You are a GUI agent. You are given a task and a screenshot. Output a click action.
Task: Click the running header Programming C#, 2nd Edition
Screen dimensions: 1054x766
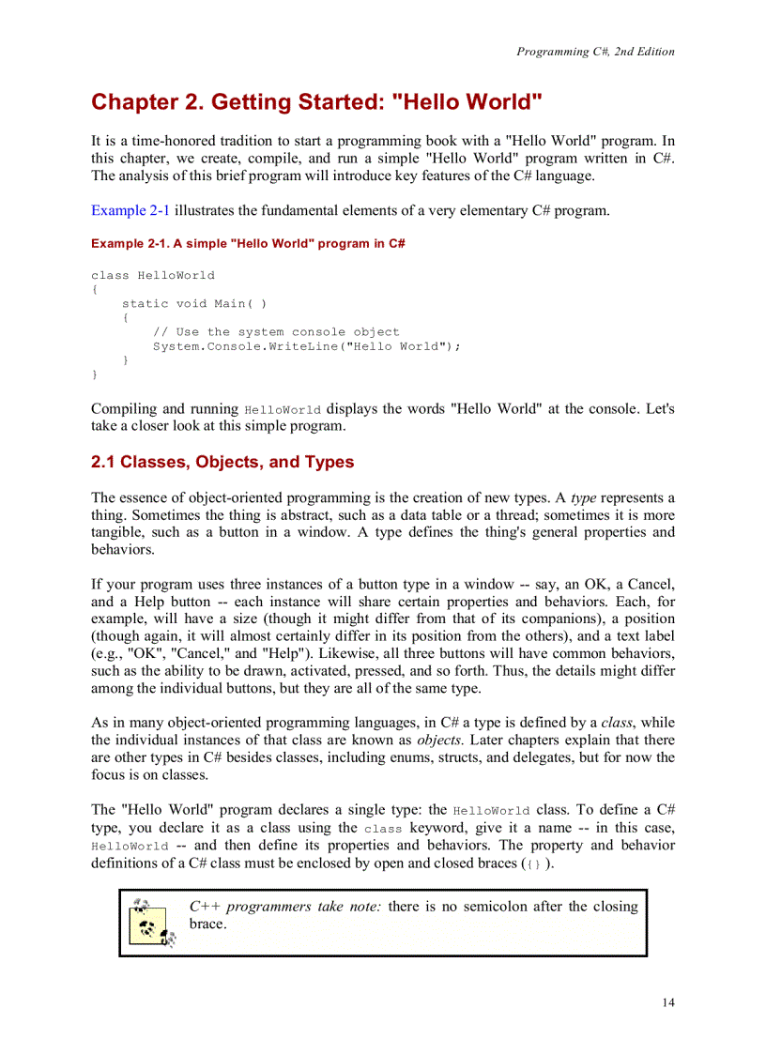coord(595,52)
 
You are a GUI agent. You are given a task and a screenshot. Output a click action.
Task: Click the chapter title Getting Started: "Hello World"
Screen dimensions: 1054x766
coord(316,102)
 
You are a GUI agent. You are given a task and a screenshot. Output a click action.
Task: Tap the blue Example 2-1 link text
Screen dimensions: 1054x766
coord(130,210)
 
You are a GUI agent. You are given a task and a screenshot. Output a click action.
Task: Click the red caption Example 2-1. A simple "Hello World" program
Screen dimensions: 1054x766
coord(248,243)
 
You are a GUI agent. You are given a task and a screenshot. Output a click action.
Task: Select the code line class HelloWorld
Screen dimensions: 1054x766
coord(152,275)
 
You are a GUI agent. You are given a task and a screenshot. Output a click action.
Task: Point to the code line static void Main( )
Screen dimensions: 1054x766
coord(194,303)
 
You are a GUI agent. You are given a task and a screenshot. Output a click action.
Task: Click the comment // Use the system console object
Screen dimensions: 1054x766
coord(276,331)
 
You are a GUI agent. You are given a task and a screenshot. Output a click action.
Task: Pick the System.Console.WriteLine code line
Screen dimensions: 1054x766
coord(307,345)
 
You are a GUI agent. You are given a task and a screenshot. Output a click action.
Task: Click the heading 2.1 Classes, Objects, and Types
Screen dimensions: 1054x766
coord(222,462)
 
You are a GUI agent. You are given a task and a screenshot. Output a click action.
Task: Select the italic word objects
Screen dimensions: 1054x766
coord(434,740)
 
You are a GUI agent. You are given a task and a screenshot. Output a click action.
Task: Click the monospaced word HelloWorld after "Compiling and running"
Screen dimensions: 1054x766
coord(283,410)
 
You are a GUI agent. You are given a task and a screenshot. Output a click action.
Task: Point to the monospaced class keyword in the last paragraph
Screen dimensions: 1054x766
coord(382,829)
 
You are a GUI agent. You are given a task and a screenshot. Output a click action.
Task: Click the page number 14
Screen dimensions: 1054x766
coord(666,1002)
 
